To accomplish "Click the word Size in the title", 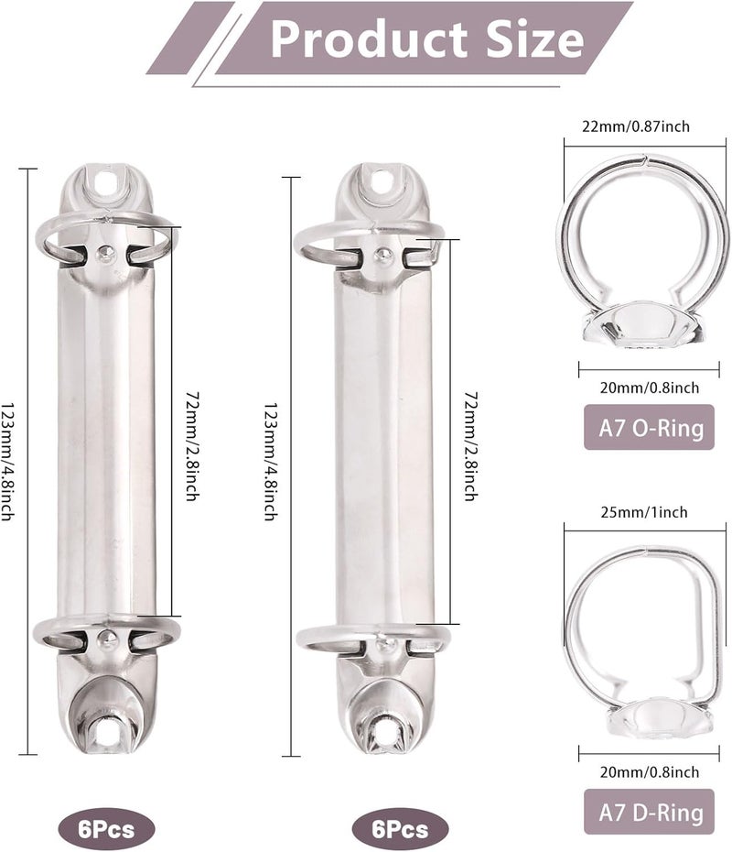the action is (534, 38).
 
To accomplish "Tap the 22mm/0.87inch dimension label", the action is (636, 126).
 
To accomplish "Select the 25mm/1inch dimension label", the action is (644, 512).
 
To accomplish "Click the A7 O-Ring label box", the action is (649, 427).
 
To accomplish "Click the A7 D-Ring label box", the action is (649, 812).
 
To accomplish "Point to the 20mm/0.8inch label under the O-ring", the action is (650, 388).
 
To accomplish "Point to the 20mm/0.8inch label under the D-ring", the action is (650, 771).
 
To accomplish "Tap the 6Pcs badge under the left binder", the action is (106, 829).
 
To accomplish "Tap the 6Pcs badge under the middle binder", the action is (401, 829).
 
